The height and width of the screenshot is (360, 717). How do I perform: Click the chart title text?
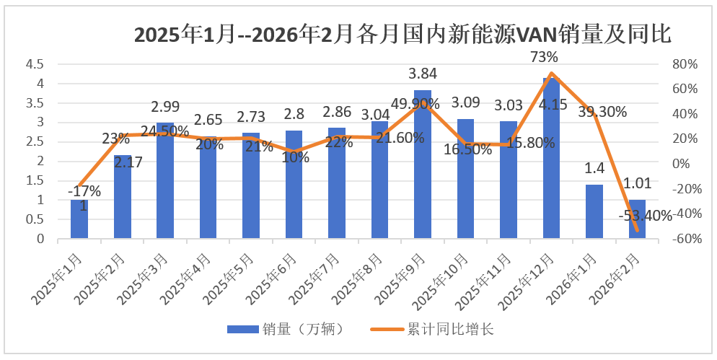403,34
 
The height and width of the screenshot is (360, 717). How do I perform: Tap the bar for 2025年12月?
552,159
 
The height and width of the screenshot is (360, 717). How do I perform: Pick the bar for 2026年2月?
637,219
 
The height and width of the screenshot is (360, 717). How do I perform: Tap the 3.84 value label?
423,74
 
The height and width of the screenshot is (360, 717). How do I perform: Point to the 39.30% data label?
602,112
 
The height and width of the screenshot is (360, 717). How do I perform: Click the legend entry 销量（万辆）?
289,329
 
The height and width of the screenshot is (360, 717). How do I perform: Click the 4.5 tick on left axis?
35,64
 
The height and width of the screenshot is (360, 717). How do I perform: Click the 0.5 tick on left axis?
35,219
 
